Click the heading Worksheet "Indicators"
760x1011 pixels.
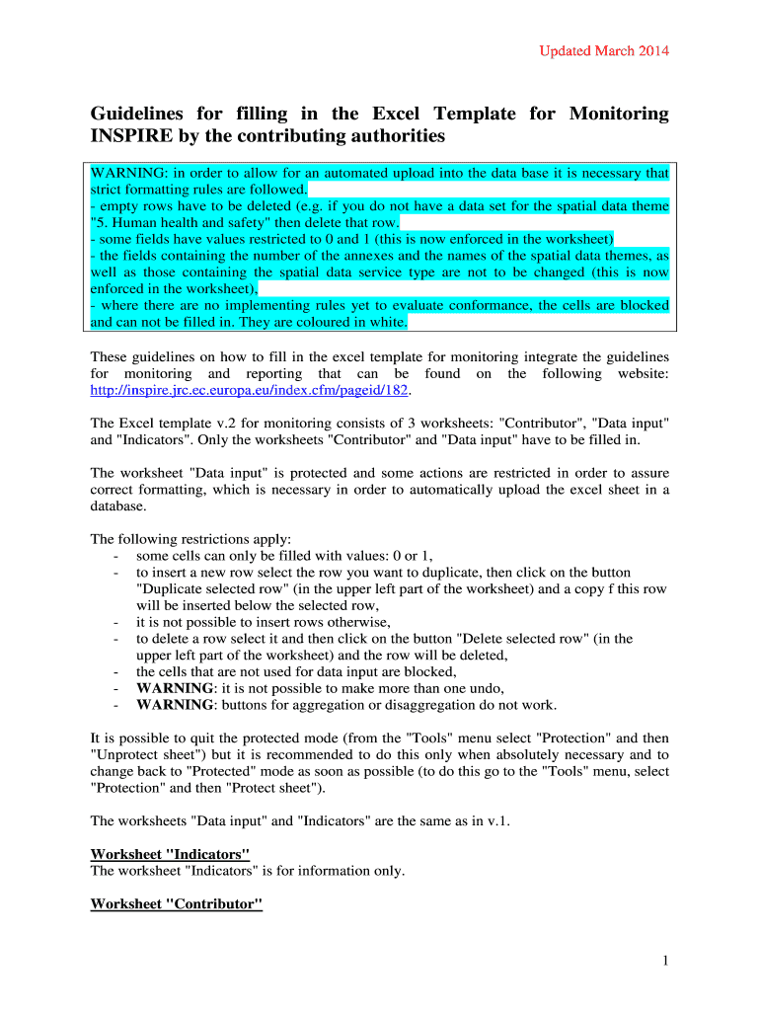pyautogui.click(x=170, y=854)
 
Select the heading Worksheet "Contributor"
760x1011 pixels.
pyautogui.click(x=176, y=904)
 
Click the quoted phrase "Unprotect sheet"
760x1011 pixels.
pyautogui.click(x=138, y=755)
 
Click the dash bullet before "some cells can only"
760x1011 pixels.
pyautogui.click(x=116, y=556)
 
